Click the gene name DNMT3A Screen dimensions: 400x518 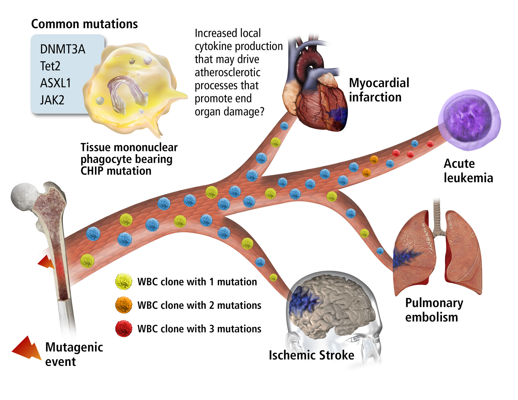click(63, 49)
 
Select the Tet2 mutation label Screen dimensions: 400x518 click(50, 66)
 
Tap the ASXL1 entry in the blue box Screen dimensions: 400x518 click(55, 83)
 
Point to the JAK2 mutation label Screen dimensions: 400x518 click(52, 100)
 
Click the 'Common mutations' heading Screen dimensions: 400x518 click(84, 24)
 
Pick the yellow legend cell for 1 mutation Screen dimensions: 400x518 click(124, 282)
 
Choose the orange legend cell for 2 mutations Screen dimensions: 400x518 click(124, 305)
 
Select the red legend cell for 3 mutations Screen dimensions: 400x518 click(124, 329)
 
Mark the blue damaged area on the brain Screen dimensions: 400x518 click(304, 301)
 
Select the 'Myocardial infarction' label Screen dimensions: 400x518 click(379, 90)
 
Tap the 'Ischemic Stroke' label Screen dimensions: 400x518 click(311, 355)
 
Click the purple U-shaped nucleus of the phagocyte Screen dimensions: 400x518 click(124, 92)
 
